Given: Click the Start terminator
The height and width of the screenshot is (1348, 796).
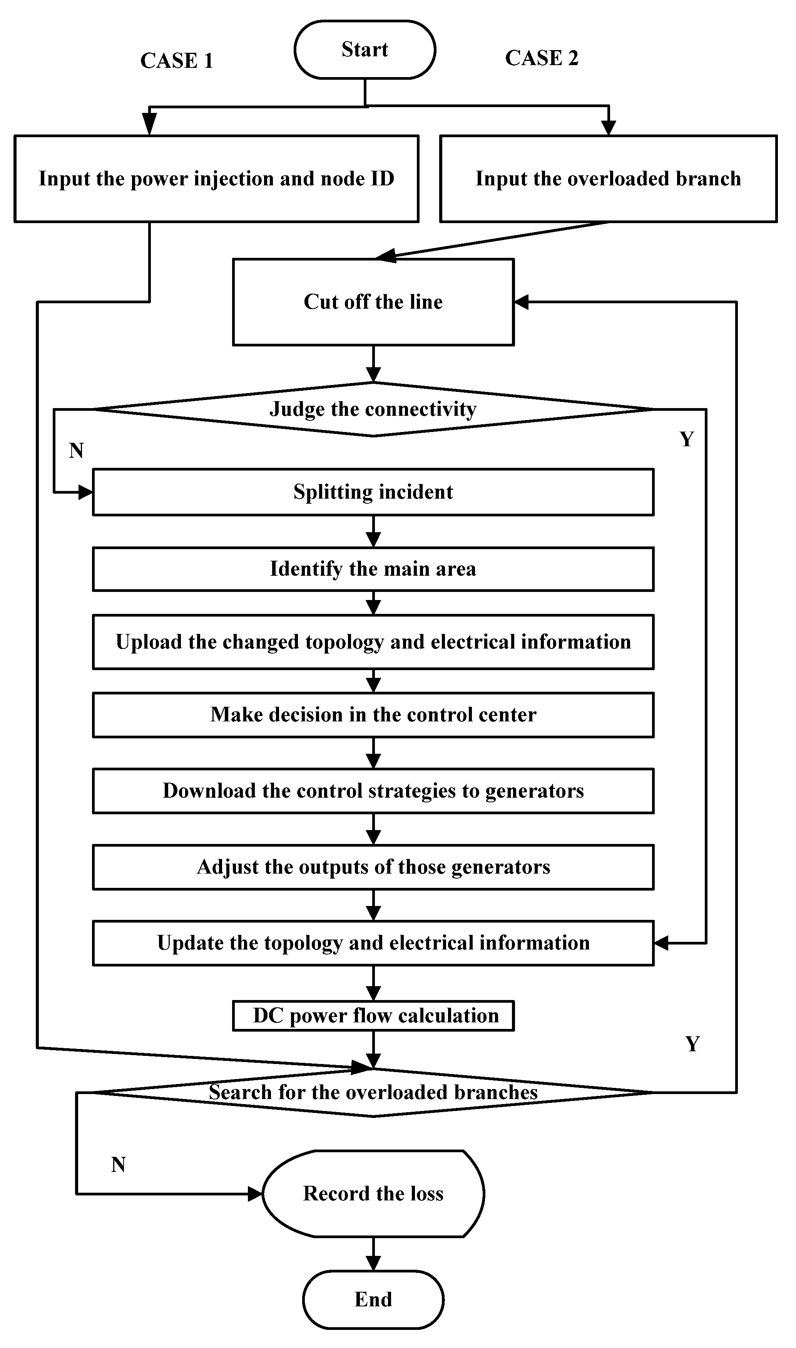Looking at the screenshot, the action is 365,50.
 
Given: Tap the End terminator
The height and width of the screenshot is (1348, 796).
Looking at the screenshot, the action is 373,1299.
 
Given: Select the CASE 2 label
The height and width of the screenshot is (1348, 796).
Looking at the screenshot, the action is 542,58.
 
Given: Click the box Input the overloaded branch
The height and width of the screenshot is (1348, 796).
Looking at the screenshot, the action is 608,179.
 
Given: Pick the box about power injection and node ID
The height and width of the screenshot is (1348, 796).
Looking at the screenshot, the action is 216,179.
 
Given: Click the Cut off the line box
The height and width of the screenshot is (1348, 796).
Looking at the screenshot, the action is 373,302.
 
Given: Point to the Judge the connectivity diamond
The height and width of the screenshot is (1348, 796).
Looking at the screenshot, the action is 373,409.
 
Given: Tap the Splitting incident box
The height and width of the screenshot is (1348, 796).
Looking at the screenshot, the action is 373,492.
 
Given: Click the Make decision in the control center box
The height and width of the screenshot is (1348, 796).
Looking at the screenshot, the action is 373,714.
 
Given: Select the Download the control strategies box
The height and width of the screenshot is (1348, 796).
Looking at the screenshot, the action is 373,791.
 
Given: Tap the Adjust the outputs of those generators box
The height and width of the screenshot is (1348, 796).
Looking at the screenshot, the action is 373,867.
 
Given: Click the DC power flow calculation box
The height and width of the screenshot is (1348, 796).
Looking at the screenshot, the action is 373,1016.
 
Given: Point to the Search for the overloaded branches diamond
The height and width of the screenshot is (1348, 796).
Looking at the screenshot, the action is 373,1093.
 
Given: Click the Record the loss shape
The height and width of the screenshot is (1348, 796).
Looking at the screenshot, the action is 373,1193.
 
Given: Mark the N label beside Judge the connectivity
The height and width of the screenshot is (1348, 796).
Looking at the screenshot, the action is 76,450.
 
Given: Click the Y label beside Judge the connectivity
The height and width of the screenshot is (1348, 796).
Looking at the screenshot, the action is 687,440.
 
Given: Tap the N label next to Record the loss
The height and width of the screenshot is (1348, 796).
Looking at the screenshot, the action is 118,1165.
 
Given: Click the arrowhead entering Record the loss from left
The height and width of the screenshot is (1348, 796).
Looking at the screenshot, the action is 255,1194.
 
